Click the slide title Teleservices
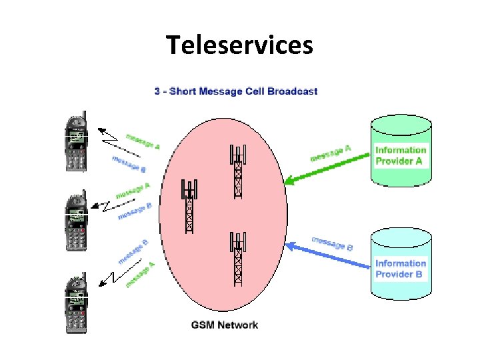point(239,45)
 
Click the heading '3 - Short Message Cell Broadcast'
point(236,91)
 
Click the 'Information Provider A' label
point(400,155)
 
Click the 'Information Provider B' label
point(400,269)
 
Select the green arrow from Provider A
point(327,167)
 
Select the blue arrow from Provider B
point(327,256)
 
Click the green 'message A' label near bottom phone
point(141,275)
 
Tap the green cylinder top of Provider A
point(400,123)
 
